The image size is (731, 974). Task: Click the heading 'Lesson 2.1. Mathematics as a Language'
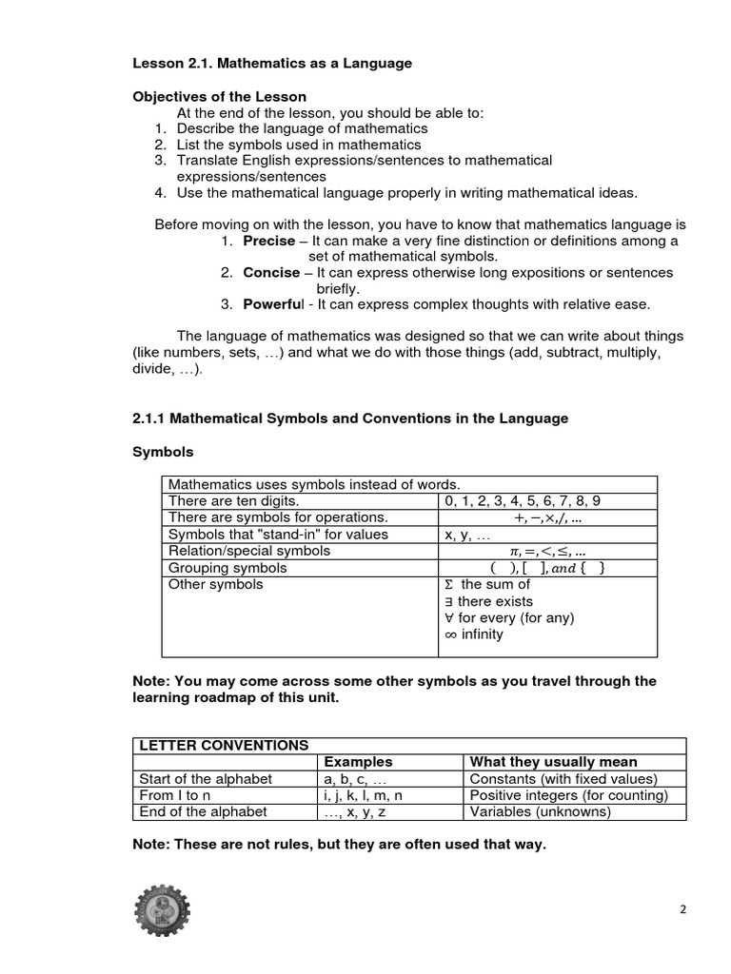point(271,64)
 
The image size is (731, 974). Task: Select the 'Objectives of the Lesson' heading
point(219,97)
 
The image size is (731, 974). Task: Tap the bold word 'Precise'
point(268,241)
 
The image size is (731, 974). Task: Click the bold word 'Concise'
point(271,273)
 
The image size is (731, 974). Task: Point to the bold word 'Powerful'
point(273,304)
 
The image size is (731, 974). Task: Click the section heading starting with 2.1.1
point(349,419)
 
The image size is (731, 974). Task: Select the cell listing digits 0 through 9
point(523,500)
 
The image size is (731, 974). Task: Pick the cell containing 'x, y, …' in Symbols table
point(466,535)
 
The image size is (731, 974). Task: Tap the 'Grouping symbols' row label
point(227,568)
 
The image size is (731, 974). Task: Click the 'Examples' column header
point(359,762)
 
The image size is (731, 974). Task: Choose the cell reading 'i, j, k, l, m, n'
point(364,795)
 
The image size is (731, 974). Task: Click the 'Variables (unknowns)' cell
point(540,811)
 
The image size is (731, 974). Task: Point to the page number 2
point(682,909)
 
